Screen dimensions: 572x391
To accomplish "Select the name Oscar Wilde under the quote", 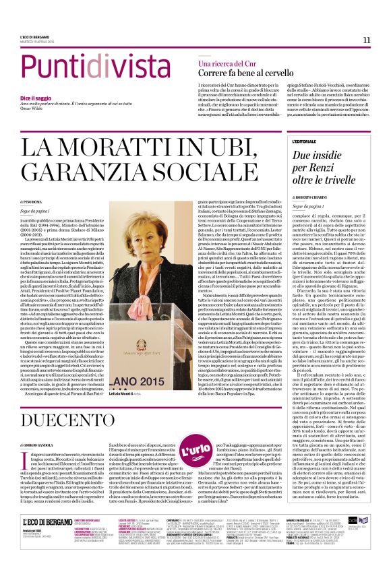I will (x=48, y=111).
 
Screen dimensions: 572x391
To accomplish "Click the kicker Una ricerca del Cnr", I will (x=227, y=63).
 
